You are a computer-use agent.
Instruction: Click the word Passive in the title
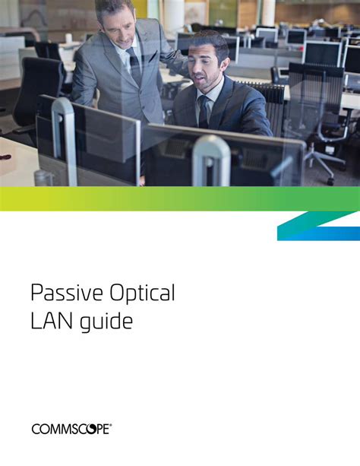(67, 293)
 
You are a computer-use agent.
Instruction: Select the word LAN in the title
(52, 322)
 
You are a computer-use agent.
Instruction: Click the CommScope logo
(71, 430)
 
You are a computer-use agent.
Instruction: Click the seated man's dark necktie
(204, 112)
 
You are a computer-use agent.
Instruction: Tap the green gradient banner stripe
(180, 198)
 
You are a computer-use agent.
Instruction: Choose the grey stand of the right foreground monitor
(211, 161)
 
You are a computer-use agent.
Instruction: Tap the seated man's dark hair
(210, 43)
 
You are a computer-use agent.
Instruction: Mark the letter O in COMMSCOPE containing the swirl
(91, 430)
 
